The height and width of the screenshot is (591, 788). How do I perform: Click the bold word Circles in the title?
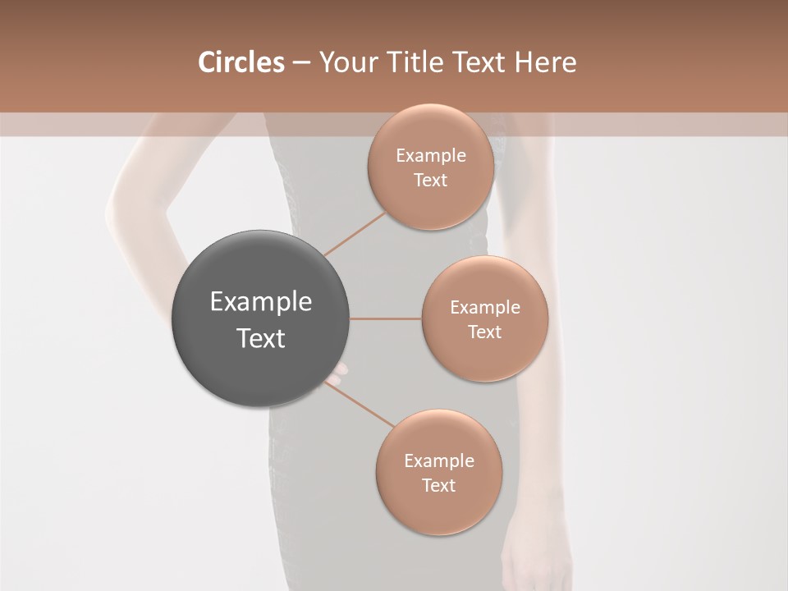pyautogui.click(x=241, y=62)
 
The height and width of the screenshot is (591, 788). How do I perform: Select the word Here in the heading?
pyautogui.click(x=544, y=62)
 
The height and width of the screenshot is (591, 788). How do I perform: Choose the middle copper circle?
pyautogui.click(x=485, y=353)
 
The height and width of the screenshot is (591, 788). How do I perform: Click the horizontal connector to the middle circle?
pyautogui.click(x=385, y=318)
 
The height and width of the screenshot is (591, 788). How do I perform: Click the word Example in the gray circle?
pyautogui.click(x=260, y=302)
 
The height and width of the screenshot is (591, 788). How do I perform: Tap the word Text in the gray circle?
pyautogui.click(x=260, y=338)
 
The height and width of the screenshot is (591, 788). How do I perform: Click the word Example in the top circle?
pyautogui.click(x=431, y=156)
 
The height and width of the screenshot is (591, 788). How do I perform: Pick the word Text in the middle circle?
pyautogui.click(x=485, y=332)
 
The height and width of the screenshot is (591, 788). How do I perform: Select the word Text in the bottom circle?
pyautogui.click(x=438, y=485)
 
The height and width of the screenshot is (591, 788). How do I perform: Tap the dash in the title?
pyautogui.click(x=300, y=63)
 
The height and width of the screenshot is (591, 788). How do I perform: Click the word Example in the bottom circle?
pyautogui.click(x=438, y=461)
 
